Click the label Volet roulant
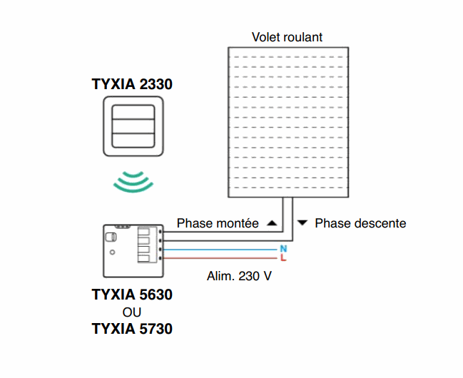pyautogui.click(x=287, y=37)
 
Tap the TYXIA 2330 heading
pyautogui.click(x=132, y=84)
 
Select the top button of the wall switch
pyautogui.click(x=132, y=113)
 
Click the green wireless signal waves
pyautogui.click(x=133, y=181)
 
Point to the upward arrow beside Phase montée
pyautogui.click(x=271, y=223)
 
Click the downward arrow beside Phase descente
pyautogui.click(x=302, y=223)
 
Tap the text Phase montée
pyautogui.click(x=218, y=223)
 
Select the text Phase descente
pyautogui.click(x=360, y=223)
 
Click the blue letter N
pyautogui.click(x=283, y=248)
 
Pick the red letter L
pyautogui.click(x=283, y=257)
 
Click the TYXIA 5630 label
pyautogui.click(x=132, y=295)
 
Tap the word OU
pyautogui.click(x=132, y=312)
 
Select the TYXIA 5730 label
pyautogui.click(x=132, y=330)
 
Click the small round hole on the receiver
pyautogui.click(x=111, y=252)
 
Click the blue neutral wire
pyautogui.click(x=221, y=249)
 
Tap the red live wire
pyautogui.click(x=221, y=258)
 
